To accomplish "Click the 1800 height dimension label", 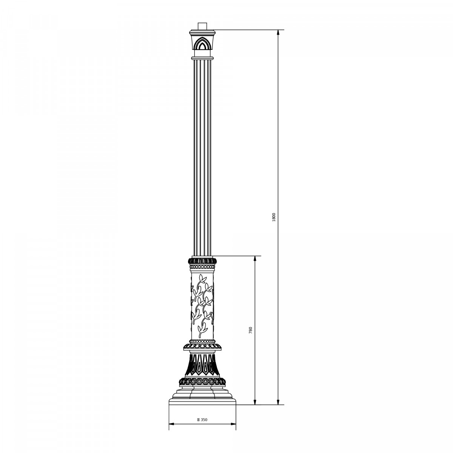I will [274, 217].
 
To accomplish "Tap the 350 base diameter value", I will [204, 419].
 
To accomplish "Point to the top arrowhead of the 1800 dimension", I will [278, 32].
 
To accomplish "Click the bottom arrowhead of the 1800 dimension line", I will [278, 402].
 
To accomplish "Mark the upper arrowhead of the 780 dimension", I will [255, 259].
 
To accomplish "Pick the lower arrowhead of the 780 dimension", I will [255, 402].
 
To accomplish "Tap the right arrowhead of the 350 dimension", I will [233, 424].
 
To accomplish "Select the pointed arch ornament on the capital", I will [202, 45].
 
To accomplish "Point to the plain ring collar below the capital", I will [202, 58].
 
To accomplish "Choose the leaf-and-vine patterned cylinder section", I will [202, 304].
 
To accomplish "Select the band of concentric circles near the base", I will [202, 381].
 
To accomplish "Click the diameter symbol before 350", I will [199, 419].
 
